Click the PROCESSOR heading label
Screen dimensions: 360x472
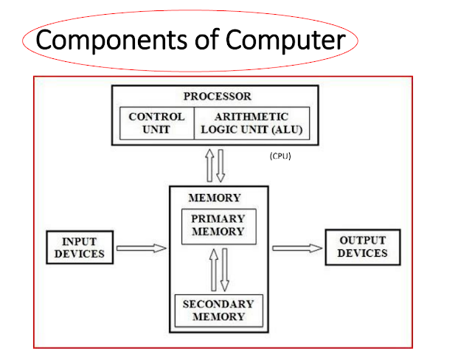tap(217, 97)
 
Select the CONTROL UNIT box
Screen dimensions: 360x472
tap(157, 123)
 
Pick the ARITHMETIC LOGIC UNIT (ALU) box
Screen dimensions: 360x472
tap(251, 123)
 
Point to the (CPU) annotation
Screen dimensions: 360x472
tap(281, 156)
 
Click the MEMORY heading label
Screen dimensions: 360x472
tap(215, 198)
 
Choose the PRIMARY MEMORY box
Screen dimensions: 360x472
tap(218, 226)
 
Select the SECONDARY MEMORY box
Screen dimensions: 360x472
tap(218, 310)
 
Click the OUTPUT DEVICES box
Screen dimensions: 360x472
tap(363, 247)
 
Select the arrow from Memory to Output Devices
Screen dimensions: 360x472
tap(297, 248)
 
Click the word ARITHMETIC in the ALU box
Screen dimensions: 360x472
tap(251, 117)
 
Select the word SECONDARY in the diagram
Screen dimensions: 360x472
tap(218, 304)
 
